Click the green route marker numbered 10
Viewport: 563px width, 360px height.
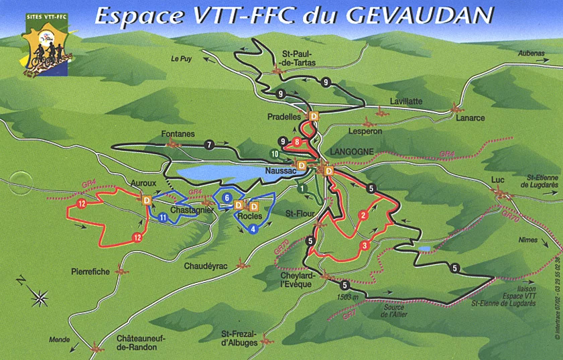[275, 154]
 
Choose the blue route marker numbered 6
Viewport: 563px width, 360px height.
[228, 198]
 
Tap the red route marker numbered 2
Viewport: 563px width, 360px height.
[363, 215]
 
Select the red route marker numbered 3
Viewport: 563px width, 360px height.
[364, 245]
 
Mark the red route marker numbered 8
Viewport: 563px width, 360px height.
[296, 141]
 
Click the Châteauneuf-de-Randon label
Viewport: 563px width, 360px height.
[137, 343]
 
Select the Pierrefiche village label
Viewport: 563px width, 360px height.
[90, 272]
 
